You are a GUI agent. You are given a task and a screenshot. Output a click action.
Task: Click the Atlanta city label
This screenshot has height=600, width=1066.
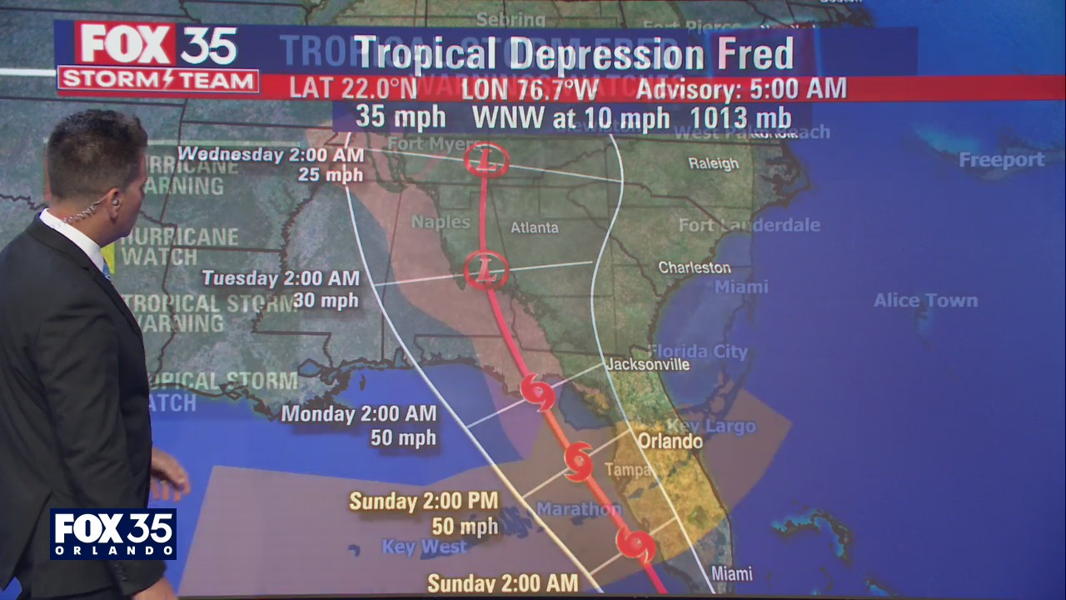tap(534, 227)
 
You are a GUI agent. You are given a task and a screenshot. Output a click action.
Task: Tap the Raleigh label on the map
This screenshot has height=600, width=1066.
tap(713, 163)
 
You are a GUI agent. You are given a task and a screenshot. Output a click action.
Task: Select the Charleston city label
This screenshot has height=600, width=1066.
tap(695, 267)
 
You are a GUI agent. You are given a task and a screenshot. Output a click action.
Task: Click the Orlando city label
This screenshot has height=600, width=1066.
tap(670, 440)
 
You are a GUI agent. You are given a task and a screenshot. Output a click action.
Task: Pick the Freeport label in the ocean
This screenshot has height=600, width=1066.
tap(1001, 159)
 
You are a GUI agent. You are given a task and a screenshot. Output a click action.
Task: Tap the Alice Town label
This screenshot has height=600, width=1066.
tap(925, 300)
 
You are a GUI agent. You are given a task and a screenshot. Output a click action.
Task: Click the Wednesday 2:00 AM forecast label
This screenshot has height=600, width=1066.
tap(271, 155)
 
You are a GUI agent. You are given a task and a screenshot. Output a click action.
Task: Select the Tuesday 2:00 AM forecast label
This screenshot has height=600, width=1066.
tap(281, 279)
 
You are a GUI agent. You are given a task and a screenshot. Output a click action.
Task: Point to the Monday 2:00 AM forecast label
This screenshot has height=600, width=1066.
tap(358, 413)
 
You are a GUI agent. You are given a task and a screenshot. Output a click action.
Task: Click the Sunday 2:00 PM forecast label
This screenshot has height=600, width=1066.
tap(423, 502)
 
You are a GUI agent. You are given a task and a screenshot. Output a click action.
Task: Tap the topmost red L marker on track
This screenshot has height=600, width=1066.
tap(486, 159)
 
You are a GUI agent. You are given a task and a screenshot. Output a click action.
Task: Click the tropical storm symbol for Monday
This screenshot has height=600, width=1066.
tap(537, 391)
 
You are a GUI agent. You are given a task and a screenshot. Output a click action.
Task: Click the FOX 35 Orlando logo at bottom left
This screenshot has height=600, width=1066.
tap(112, 533)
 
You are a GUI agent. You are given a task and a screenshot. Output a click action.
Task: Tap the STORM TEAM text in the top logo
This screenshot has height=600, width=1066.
tap(157, 81)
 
